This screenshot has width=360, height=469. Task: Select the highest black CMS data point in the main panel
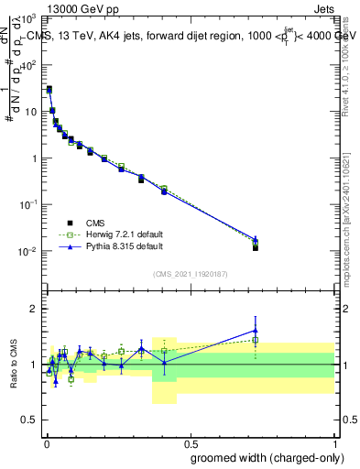point(49,89)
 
